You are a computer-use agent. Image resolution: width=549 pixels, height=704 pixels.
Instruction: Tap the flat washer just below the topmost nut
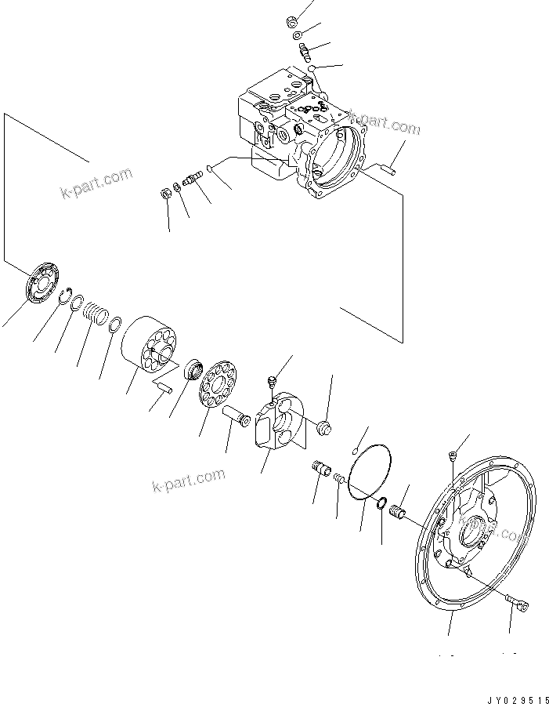[x=298, y=35]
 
